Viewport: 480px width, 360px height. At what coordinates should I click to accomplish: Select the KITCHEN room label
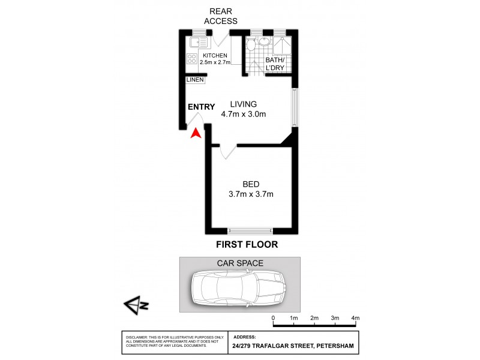(215, 55)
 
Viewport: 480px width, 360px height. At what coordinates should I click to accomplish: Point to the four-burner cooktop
(192, 59)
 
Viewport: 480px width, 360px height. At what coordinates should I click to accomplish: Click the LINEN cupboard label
(195, 80)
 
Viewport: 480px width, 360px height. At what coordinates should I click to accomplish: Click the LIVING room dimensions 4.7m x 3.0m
(243, 114)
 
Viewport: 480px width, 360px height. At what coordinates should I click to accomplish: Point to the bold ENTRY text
(201, 107)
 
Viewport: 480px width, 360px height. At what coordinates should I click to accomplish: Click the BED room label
(251, 184)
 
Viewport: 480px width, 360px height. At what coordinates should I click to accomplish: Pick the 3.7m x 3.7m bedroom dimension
(251, 194)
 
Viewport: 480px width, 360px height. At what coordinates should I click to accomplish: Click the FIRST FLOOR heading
(247, 245)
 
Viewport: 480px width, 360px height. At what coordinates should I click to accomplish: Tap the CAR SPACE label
(239, 263)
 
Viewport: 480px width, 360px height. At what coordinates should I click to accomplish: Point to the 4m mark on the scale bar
(355, 317)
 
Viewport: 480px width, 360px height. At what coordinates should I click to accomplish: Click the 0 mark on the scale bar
(273, 317)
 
